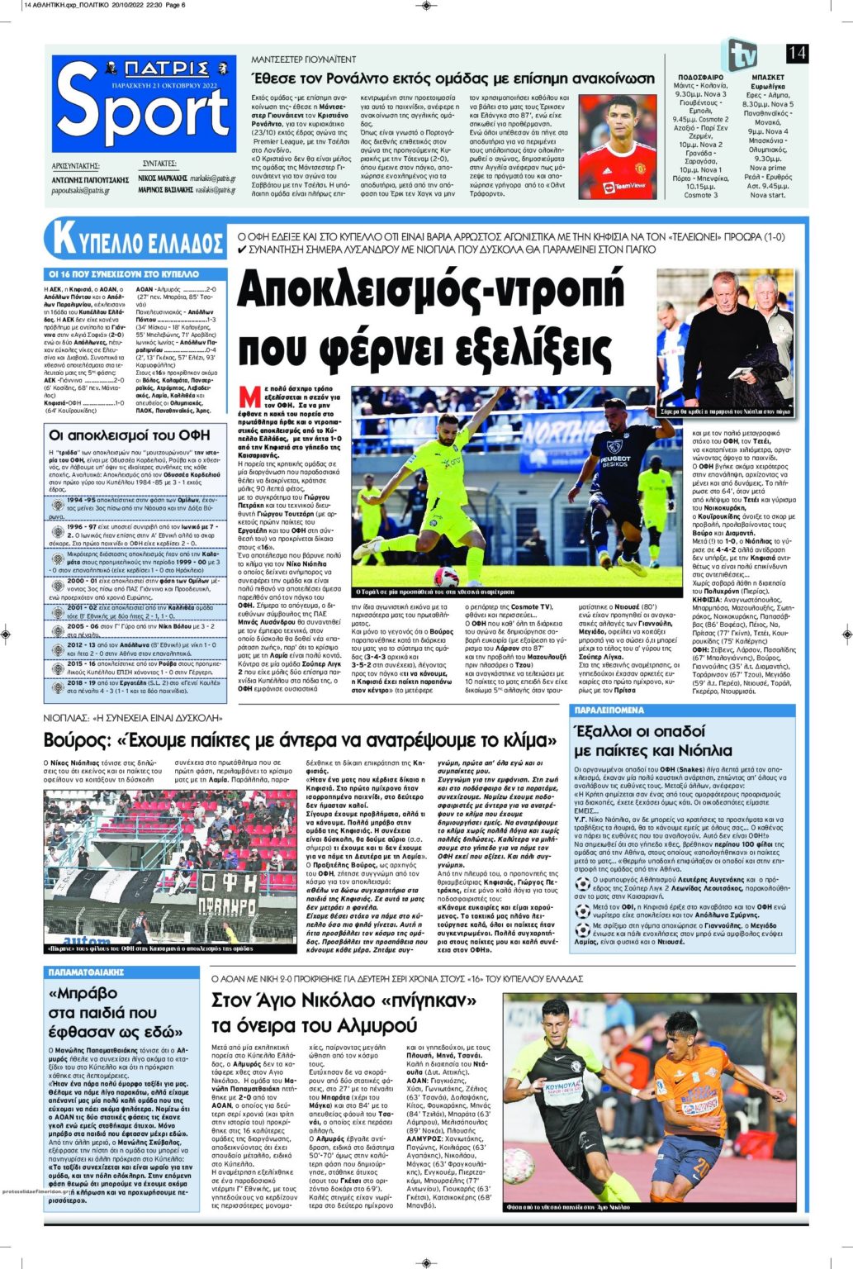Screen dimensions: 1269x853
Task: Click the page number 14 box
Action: pos(797,54)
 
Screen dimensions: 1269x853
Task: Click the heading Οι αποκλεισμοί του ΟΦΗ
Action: pos(130,435)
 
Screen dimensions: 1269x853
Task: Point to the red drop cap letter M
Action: pos(244,392)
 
